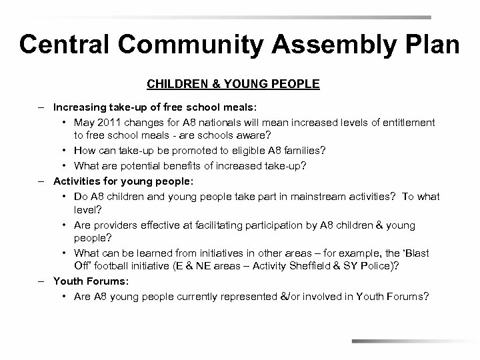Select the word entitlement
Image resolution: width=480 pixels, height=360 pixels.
coord(407,123)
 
